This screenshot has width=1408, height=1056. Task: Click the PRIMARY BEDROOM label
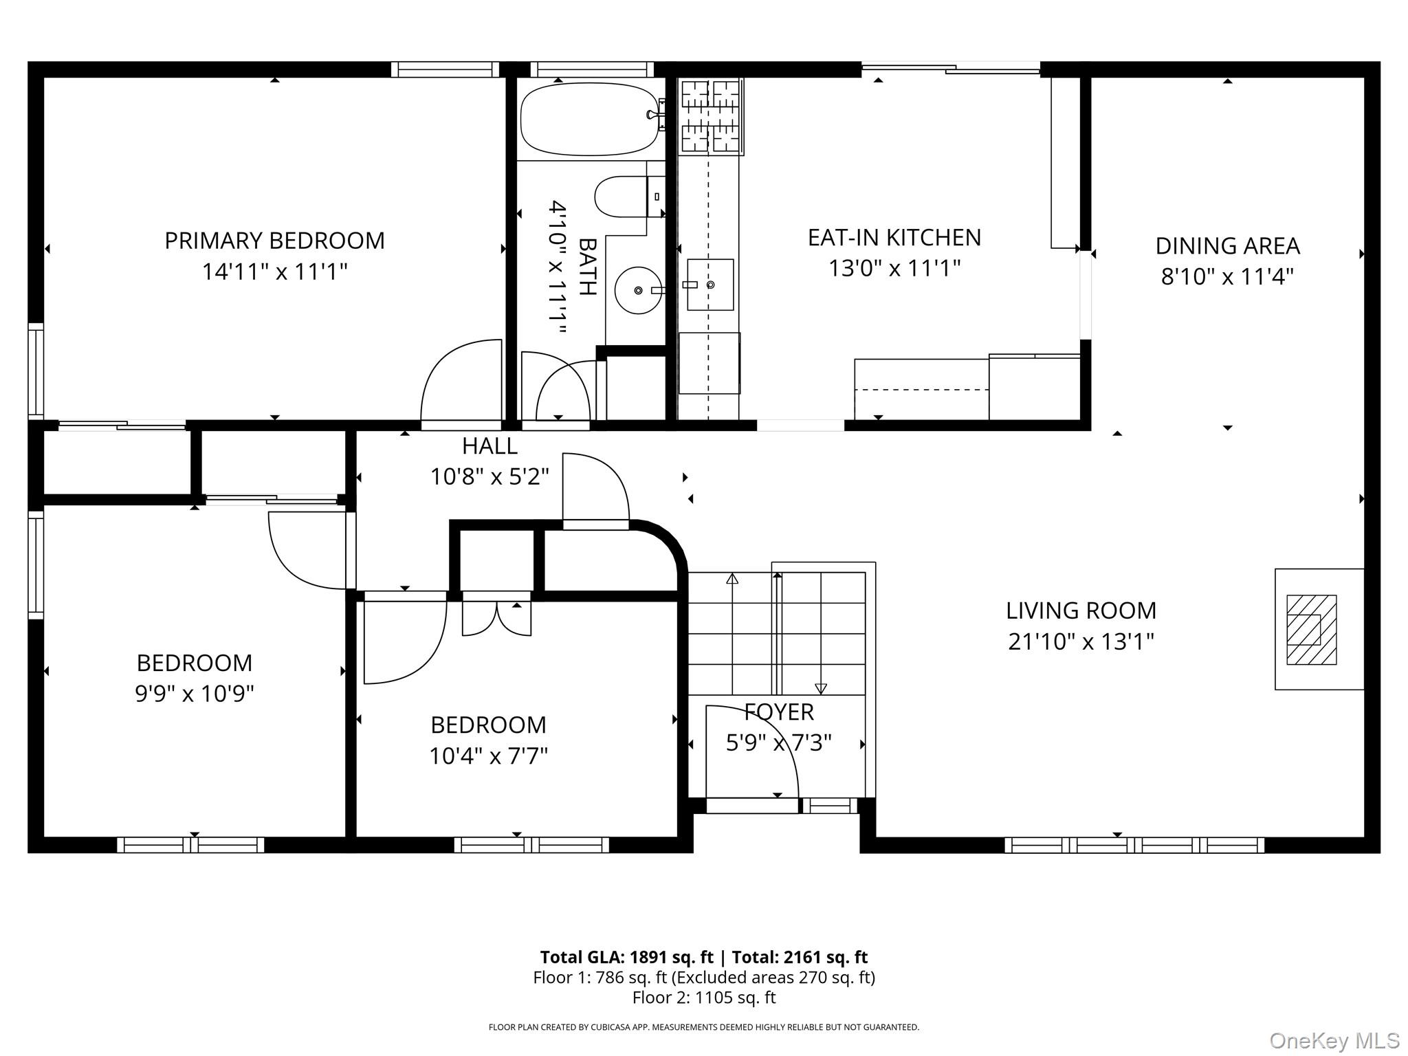[274, 241]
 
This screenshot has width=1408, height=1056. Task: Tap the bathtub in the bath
[588, 120]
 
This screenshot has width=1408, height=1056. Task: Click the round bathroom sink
[639, 290]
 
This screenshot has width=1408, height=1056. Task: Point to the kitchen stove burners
[711, 115]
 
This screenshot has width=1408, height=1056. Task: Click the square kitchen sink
[710, 284]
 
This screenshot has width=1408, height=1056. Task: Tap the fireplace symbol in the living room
[1311, 629]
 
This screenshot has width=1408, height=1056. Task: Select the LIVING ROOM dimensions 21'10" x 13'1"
[1081, 641]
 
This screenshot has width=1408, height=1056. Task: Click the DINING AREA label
[1227, 246]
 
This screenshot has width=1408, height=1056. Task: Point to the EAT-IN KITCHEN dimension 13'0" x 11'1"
[894, 267]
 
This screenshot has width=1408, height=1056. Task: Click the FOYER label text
[779, 712]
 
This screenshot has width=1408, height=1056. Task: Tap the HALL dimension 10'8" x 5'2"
[489, 476]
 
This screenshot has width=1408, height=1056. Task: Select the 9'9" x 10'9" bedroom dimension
[195, 694]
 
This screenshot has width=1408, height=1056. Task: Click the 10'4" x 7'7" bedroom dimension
[488, 756]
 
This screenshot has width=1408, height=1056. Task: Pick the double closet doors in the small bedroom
[496, 618]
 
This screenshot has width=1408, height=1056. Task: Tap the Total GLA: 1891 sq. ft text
[626, 957]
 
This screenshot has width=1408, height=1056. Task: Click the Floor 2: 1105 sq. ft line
[704, 998]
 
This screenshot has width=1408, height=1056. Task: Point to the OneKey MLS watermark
[1334, 1041]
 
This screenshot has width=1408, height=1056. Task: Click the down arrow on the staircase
[820, 688]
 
